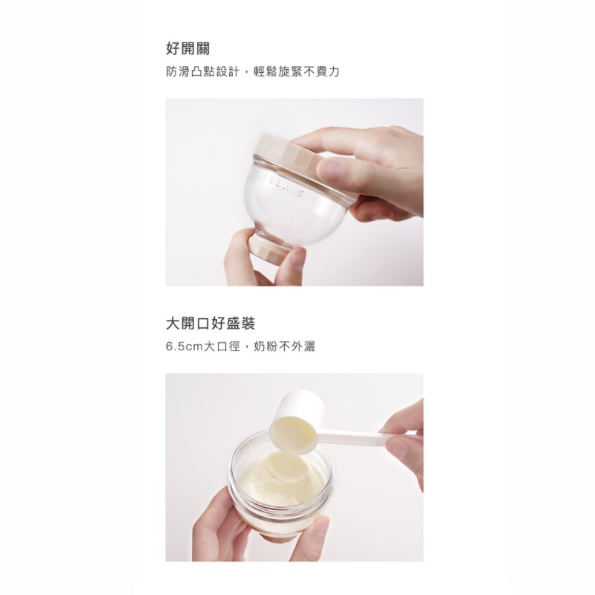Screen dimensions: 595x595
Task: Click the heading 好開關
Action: pos(188,48)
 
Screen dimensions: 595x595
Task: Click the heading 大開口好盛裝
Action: pos(210,324)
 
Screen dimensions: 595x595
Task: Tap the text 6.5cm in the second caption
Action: pos(184,347)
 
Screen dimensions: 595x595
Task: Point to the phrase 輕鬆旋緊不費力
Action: pos(296,71)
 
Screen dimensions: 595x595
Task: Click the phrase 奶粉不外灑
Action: pos(284,347)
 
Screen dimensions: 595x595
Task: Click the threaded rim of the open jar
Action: pos(281,440)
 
